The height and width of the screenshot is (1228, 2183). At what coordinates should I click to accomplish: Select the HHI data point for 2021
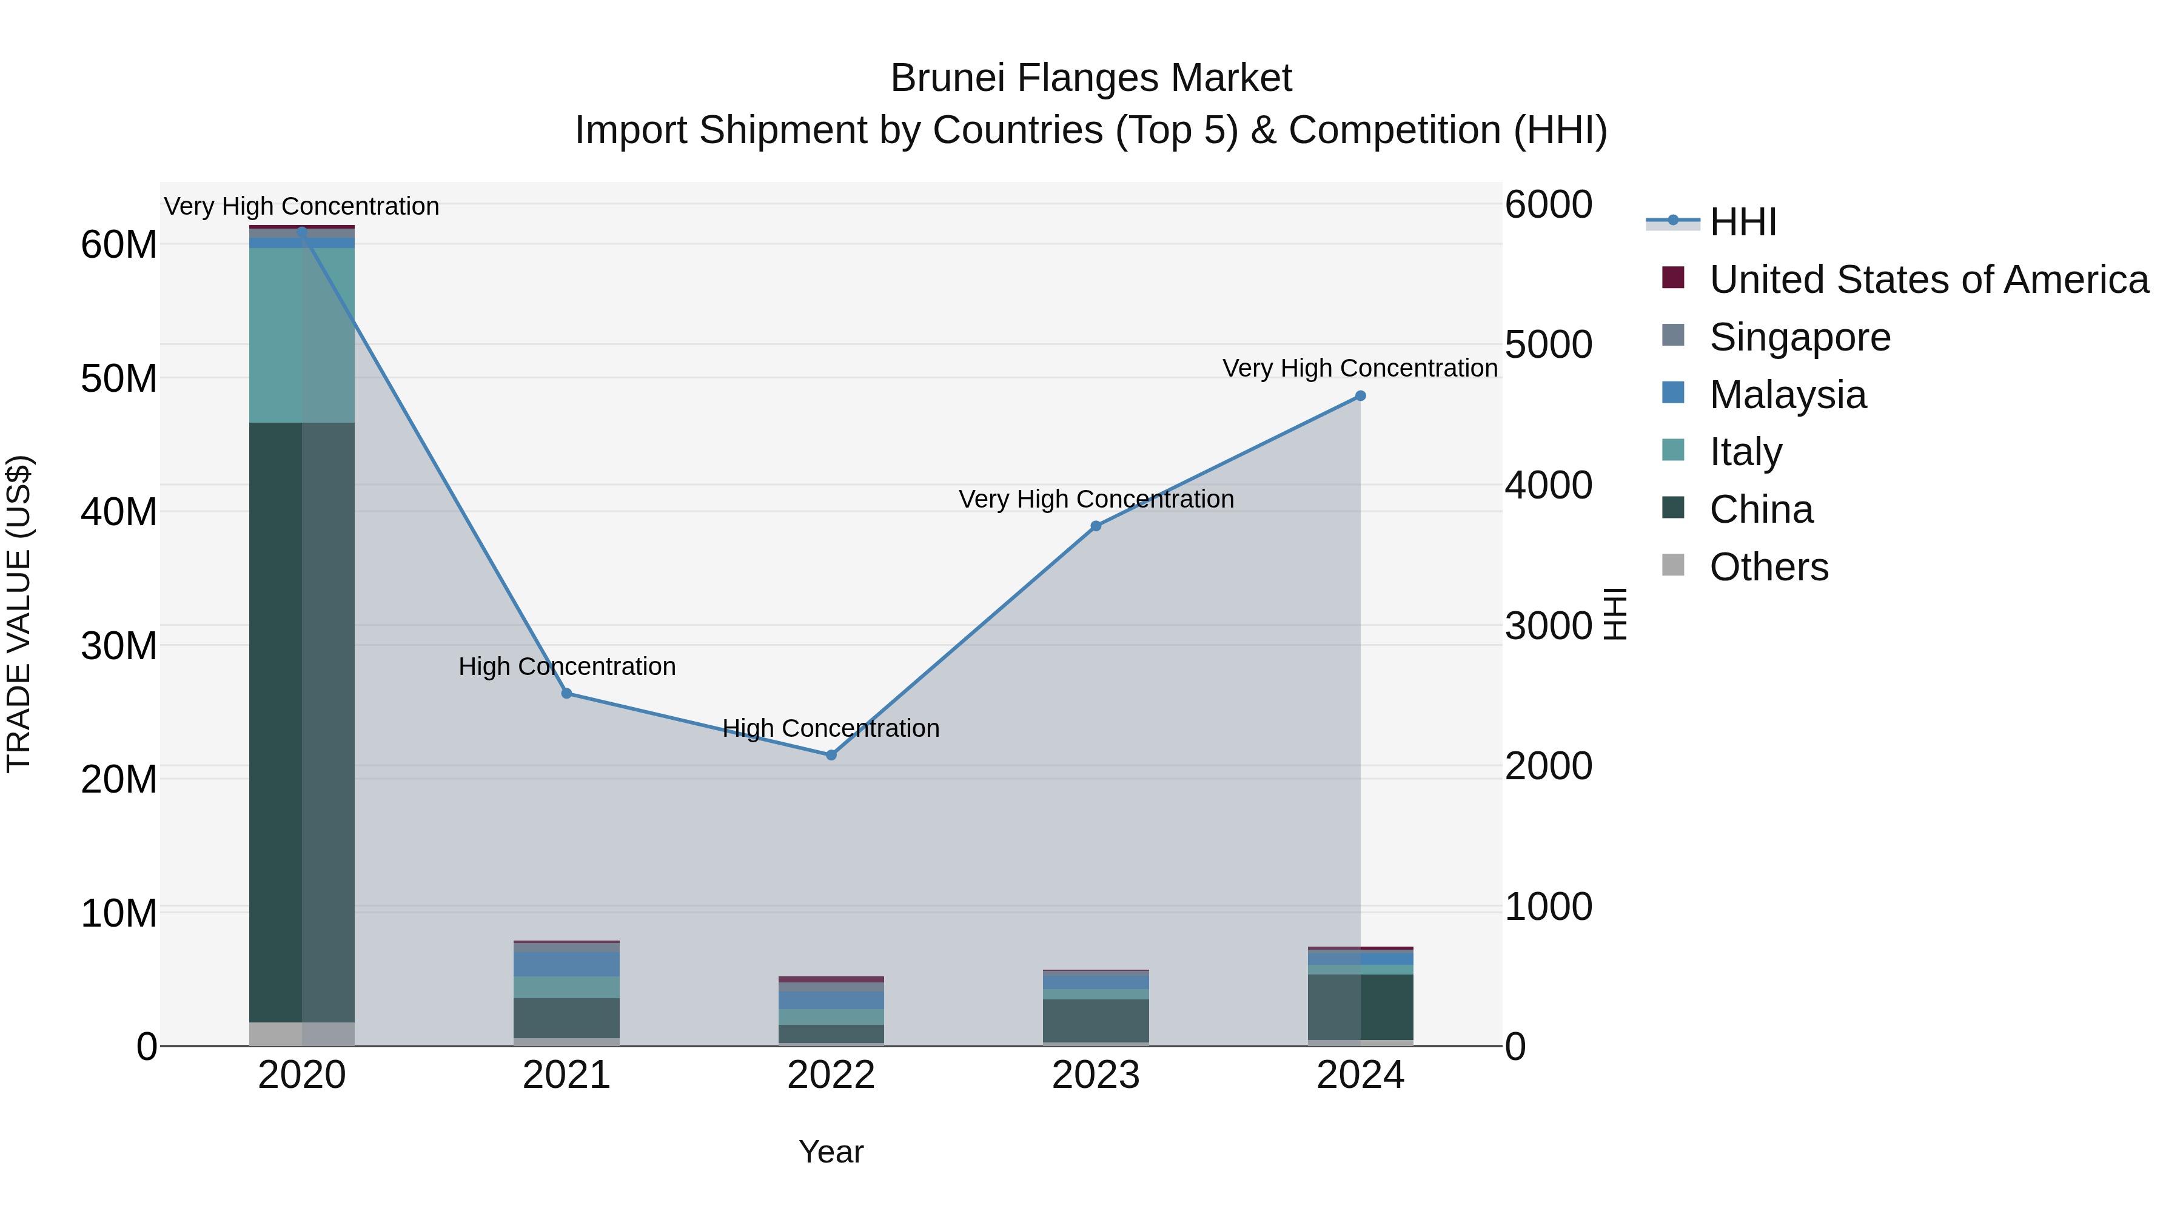point(567,693)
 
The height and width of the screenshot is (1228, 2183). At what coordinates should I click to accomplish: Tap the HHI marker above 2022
point(831,755)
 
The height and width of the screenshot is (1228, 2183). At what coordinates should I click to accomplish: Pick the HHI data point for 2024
point(1361,396)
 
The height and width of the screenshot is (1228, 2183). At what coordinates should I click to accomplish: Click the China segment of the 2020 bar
point(302,720)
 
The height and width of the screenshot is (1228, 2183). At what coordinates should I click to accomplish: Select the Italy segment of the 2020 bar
point(302,335)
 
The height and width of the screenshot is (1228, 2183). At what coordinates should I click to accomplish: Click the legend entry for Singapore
point(1800,337)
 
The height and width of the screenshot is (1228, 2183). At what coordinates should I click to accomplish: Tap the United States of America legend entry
point(1929,280)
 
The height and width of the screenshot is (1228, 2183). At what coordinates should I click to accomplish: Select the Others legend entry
point(1769,567)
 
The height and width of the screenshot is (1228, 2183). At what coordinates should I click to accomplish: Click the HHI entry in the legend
point(1742,222)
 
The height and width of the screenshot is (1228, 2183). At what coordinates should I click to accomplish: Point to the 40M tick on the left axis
point(119,512)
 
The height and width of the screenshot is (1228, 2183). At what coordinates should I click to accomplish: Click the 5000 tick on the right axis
point(1548,345)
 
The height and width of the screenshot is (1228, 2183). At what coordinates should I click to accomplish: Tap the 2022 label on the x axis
point(831,1075)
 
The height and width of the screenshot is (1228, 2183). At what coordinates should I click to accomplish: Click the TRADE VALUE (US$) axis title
point(19,614)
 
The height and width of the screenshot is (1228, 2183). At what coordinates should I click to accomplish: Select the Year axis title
point(831,1152)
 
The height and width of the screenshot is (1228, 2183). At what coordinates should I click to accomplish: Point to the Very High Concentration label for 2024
point(1360,369)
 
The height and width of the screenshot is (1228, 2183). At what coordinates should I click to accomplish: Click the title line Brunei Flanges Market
point(1091,78)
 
